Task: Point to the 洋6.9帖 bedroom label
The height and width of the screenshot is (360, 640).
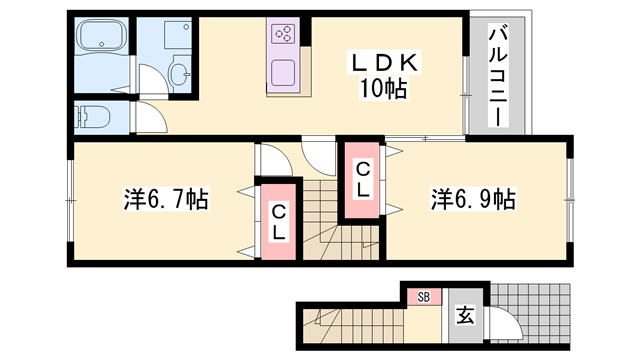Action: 473,199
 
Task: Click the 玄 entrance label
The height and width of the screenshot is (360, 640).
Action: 465,318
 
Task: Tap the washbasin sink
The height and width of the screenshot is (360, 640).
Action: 181,72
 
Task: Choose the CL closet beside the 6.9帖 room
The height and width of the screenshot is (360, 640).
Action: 362,181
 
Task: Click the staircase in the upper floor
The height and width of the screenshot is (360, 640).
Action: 330,225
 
